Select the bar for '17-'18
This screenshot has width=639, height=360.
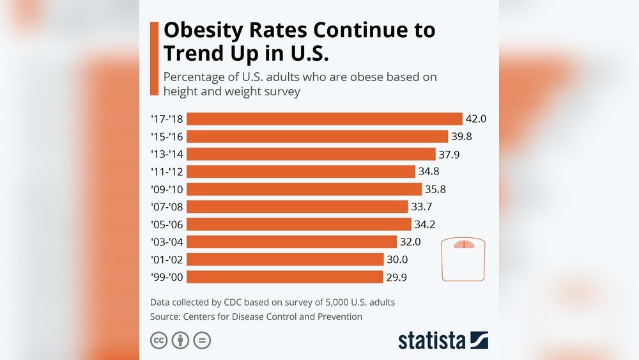click(x=324, y=119)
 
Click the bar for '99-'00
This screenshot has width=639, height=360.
click(x=284, y=277)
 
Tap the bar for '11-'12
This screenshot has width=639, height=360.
click(x=300, y=171)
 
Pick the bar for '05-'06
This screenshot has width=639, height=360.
click(x=298, y=224)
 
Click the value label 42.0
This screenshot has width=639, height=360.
click(x=477, y=119)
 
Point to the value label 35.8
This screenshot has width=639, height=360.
click(x=436, y=189)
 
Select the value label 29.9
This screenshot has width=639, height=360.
click(x=397, y=277)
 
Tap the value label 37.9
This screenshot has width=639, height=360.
click(x=450, y=154)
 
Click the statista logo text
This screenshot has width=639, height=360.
click(x=432, y=340)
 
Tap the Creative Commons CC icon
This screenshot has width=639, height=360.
click(x=158, y=340)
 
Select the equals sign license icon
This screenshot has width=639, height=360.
click(x=202, y=340)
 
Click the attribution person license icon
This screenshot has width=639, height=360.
click(x=180, y=340)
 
